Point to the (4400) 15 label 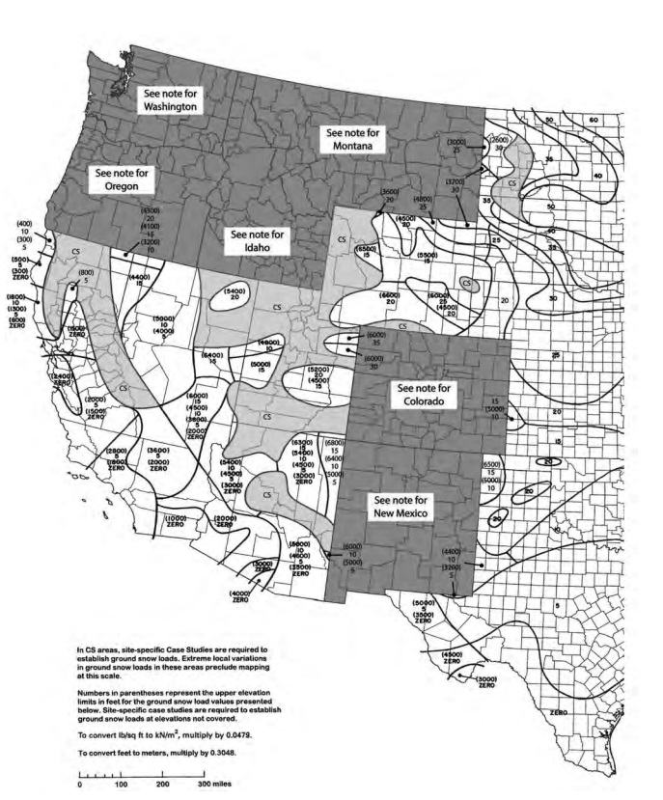click(138, 280)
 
